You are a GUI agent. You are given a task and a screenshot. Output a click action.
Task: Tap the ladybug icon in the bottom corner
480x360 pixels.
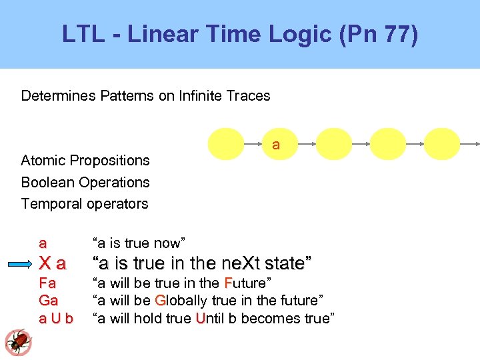(18, 342)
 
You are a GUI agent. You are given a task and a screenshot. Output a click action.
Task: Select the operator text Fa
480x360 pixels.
(47, 283)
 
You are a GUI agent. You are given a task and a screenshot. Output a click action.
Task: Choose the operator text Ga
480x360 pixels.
(48, 301)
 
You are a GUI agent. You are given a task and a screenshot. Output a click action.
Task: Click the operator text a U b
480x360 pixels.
(56, 319)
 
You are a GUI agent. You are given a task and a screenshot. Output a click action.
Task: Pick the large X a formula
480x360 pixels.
(53, 263)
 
